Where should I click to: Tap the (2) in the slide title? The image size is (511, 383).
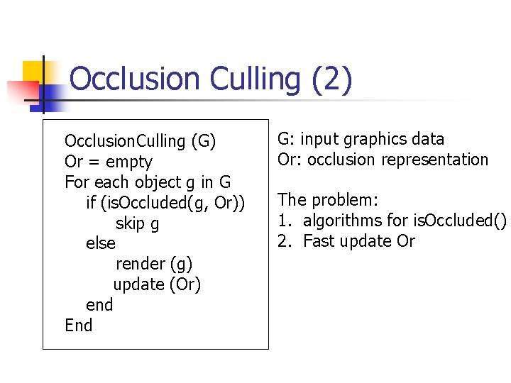pyautogui.click(x=331, y=79)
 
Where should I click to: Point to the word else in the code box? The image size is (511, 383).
pyautogui.click(x=100, y=244)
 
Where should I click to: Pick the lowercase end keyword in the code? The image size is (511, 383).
pyautogui.click(x=99, y=305)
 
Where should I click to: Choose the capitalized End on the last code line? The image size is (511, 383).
pyautogui.click(x=78, y=326)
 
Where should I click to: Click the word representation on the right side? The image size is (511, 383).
pyautogui.click(x=434, y=160)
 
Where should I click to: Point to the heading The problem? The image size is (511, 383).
pyautogui.click(x=328, y=200)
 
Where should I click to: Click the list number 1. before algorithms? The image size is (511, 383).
pyautogui.click(x=284, y=221)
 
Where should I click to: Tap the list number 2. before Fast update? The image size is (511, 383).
pyautogui.click(x=284, y=241)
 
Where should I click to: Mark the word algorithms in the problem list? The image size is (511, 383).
pyautogui.click(x=344, y=221)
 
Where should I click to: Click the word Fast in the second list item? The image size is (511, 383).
pyautogui.click(x=319, y=241)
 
